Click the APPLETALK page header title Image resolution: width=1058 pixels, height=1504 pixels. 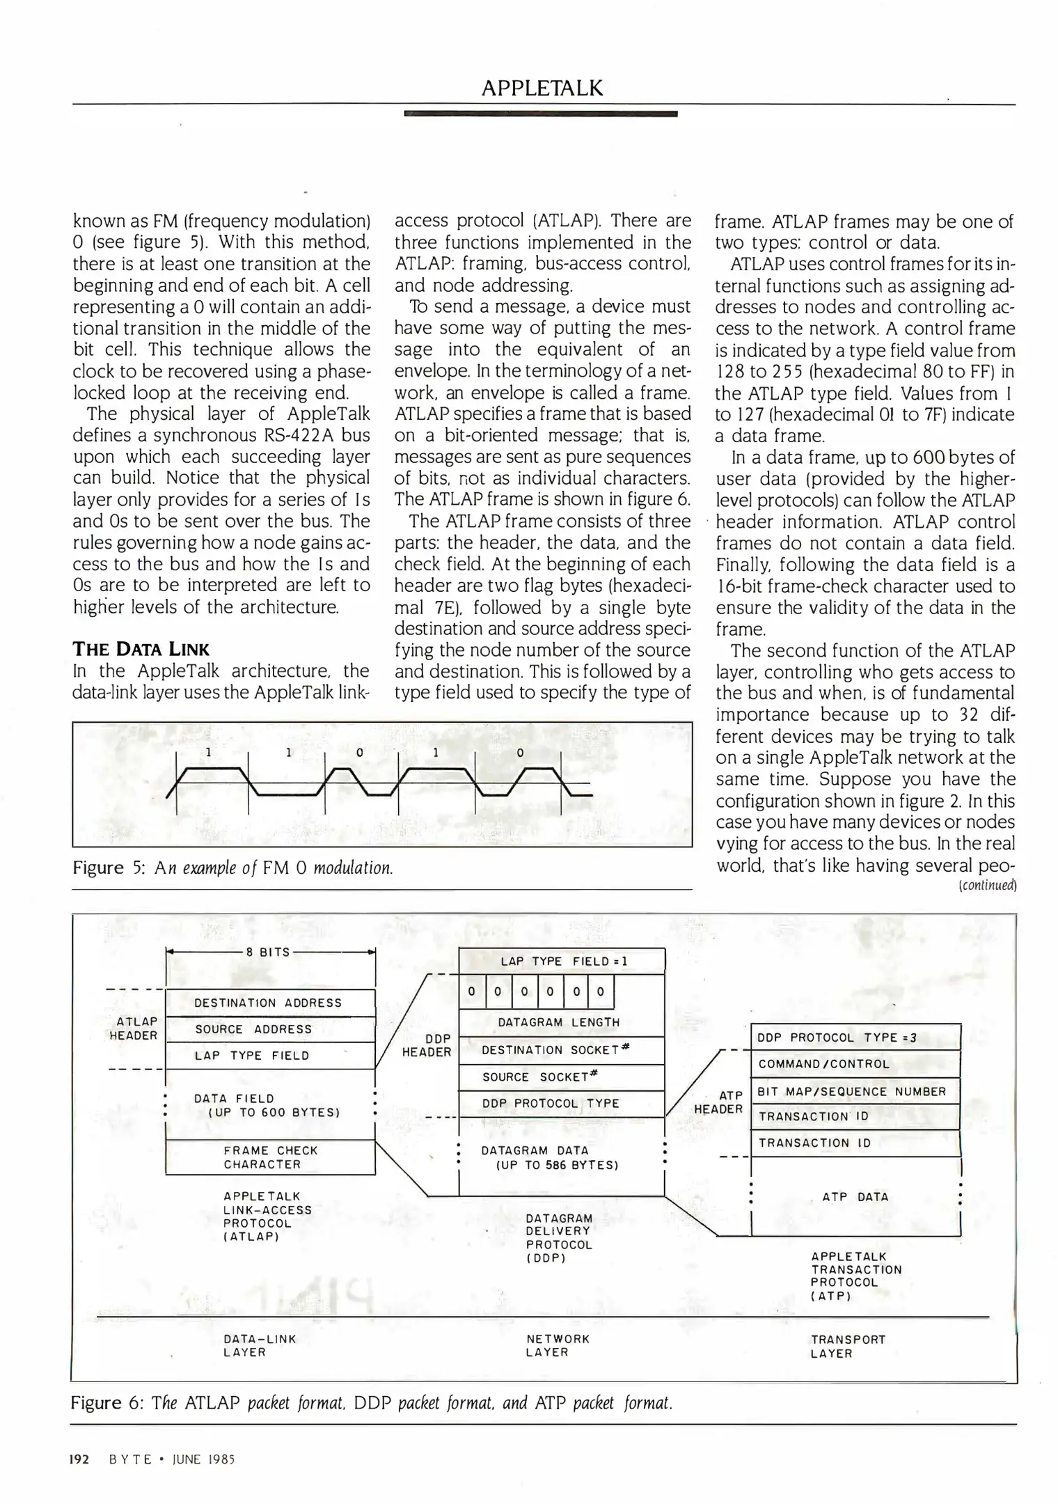coord(542,88)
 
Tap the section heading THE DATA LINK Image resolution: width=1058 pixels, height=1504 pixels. coord(141,649)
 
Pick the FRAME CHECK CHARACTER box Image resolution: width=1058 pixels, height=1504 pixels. coord(271,1157)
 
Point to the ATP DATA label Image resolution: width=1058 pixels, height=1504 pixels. coord(855,1197)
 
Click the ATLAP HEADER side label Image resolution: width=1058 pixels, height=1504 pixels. coord(134,1028)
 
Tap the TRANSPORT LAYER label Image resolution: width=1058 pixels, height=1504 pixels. coord(848,1346)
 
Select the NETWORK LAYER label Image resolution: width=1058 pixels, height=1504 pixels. coord(558,1345)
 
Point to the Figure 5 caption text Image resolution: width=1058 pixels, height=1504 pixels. coord(233,868)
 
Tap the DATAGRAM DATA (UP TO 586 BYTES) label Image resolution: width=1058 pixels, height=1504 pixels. coord(551,1157)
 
